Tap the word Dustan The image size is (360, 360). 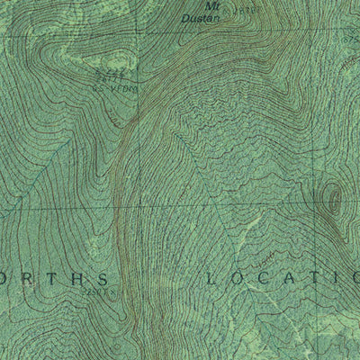click(209, 14)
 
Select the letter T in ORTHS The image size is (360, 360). click(54, 278)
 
